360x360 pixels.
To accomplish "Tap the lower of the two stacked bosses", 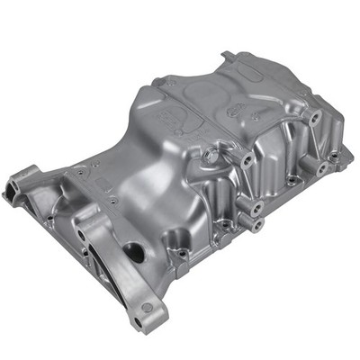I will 257,222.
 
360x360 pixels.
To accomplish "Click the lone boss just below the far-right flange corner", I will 320,168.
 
